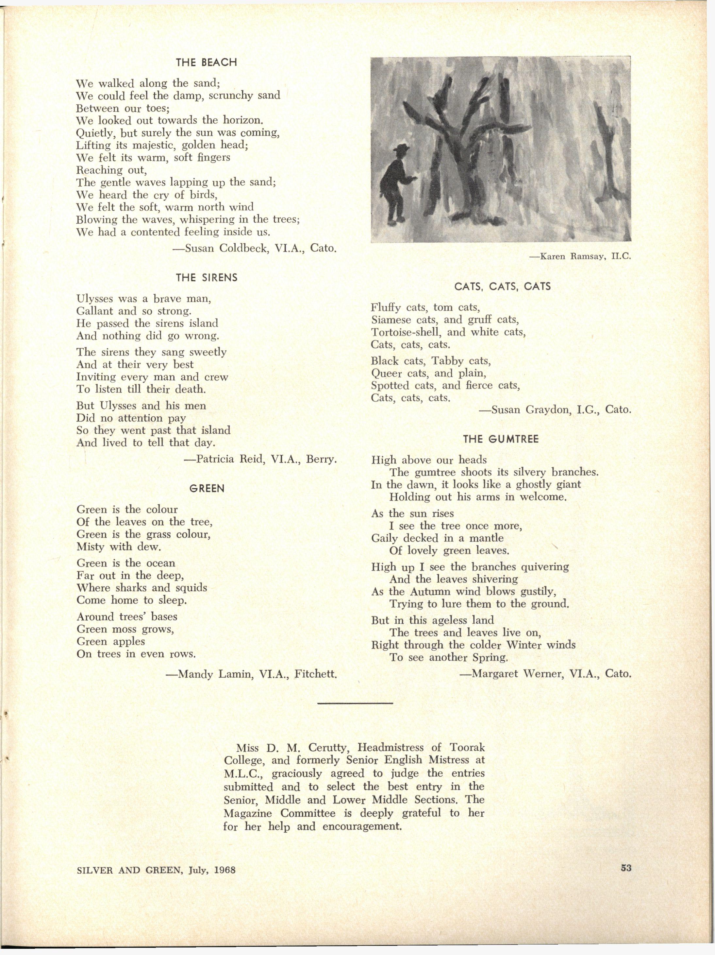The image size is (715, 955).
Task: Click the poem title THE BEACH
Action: [x=206, y=62]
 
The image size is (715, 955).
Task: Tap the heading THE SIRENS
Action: [x=206, y=278]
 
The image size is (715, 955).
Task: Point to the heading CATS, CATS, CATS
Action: [x=502, y=286]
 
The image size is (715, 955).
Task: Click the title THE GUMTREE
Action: [x=501, y=439]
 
